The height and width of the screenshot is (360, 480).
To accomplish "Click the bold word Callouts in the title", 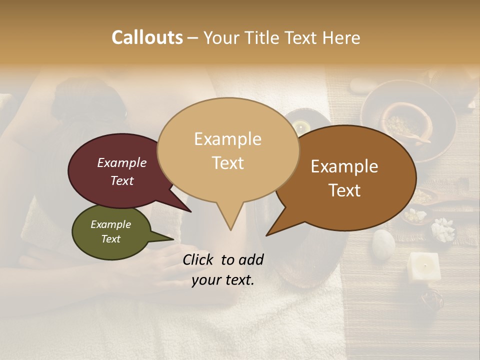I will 147,37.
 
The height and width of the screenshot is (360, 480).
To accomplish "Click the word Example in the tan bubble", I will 227,139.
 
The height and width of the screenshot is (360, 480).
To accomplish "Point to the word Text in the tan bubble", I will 227,162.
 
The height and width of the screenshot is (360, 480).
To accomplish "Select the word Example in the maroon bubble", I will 121,162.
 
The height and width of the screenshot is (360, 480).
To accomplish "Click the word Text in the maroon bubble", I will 121,180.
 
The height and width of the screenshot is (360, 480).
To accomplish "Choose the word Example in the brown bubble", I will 344,166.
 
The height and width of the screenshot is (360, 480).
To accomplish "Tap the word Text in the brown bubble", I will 344,190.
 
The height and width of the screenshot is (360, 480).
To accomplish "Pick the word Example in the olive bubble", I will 110,224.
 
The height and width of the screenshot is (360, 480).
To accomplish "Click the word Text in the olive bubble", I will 110,239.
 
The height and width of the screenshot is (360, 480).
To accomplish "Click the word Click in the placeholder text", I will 198,259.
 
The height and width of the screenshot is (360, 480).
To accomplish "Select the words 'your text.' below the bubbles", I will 222,280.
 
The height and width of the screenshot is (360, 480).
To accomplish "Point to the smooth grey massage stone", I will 383,243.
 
